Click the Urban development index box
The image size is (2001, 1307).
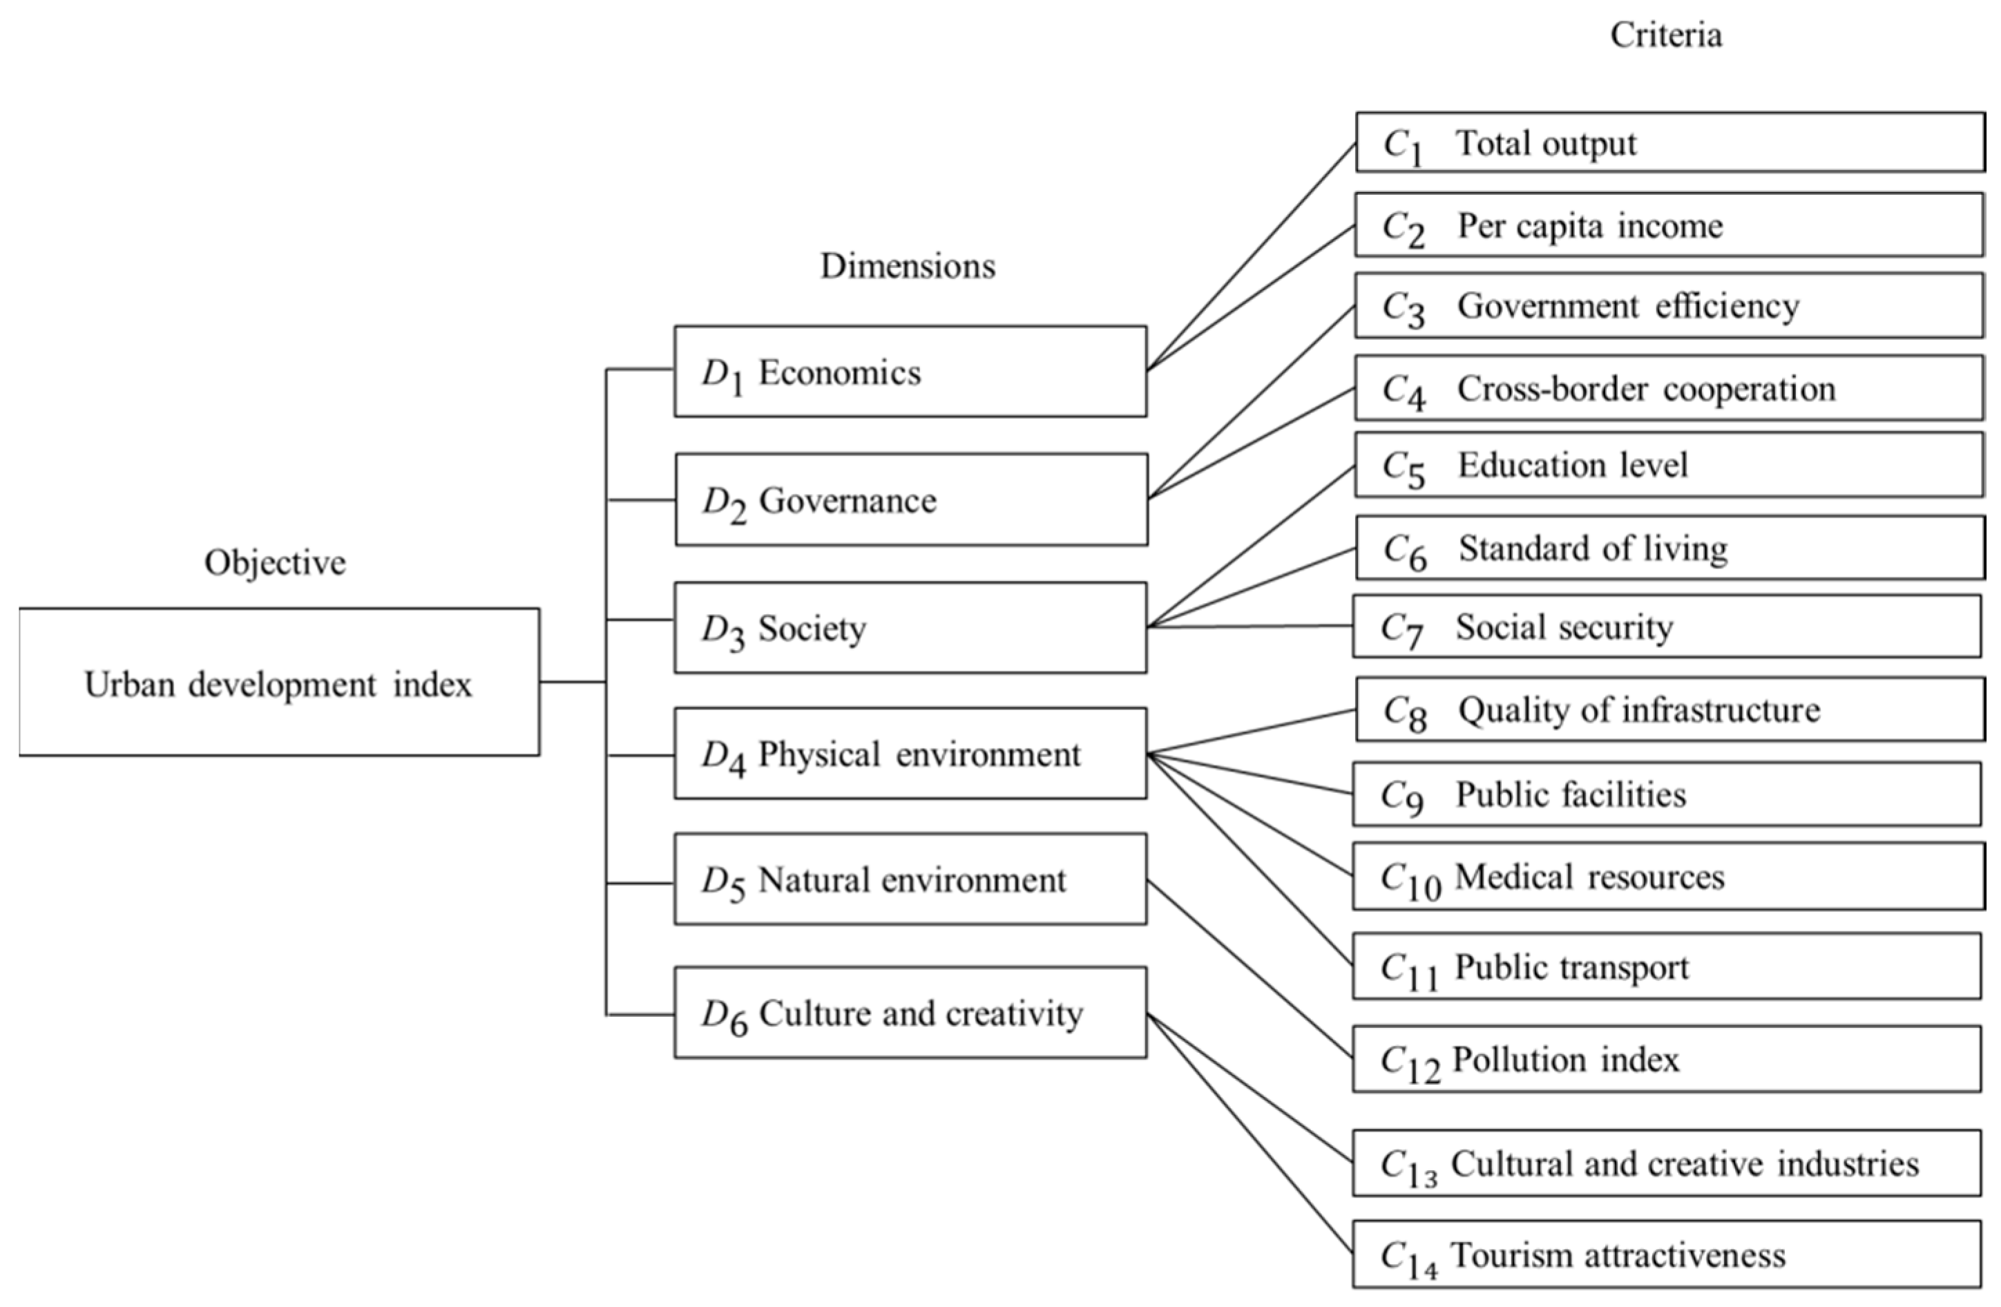[x=279, y=682]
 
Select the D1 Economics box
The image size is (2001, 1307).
[x=910, y=372]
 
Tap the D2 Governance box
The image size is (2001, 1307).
[x=910, y=499]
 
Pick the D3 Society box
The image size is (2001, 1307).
[x=910, y=627]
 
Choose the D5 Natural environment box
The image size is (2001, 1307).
[x=910, y=880]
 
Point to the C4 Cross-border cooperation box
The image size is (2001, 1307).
[x=1669, y=388]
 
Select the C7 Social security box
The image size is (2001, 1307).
[x=1667, y=627]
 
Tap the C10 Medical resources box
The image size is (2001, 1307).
[x=1668, y=877]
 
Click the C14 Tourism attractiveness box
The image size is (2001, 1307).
[x=1667, y=1255]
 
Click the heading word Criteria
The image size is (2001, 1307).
[x=1665, y=35]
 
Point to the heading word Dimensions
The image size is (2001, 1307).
[x=907, y=266]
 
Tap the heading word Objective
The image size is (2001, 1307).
[x=275, y=562]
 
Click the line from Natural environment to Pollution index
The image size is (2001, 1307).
[x=1250, y=970]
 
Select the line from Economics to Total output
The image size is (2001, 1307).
[x=1252, y=256]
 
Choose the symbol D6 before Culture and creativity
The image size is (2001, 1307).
[x=724, y=1016]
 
